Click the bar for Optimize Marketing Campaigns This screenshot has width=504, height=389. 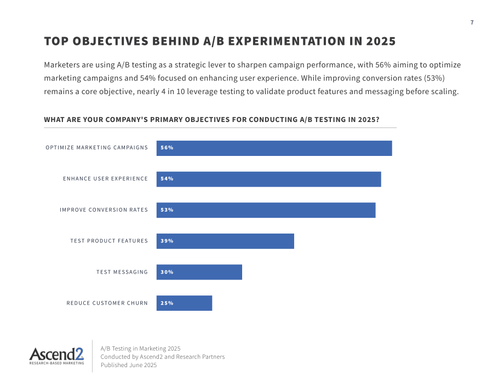274,148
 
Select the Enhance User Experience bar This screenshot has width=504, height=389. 269,179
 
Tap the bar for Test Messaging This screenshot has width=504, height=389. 199,272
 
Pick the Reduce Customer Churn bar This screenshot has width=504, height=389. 184,303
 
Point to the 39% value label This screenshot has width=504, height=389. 167,241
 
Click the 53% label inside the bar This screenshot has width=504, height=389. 167,210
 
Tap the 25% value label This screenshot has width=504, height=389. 167,303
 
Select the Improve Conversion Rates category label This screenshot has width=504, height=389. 104,210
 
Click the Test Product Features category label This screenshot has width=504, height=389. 109,241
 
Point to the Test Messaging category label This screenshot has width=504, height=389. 122,272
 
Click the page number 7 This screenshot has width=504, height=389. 472,22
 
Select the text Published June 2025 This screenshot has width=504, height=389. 129,365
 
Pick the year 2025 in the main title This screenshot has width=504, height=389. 381,41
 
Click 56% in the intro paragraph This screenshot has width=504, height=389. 383,65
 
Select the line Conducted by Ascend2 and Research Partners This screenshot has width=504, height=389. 163,357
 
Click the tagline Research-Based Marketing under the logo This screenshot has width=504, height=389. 56,363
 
